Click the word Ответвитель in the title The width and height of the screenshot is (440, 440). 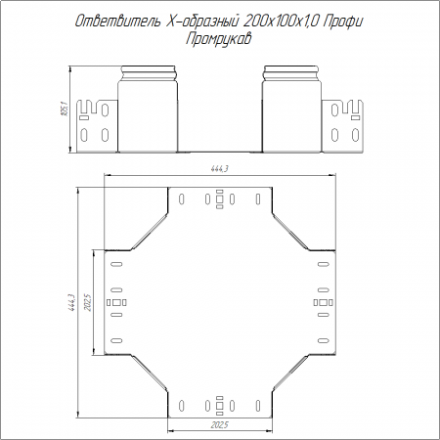point(118,22)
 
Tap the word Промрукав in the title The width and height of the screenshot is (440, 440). point(219,39)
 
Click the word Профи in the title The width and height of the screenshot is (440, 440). point(343,22)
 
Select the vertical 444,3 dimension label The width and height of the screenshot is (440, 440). point(71,302)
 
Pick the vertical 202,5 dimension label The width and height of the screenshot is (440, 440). point(87,302)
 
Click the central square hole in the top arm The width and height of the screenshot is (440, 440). point(220,198)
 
